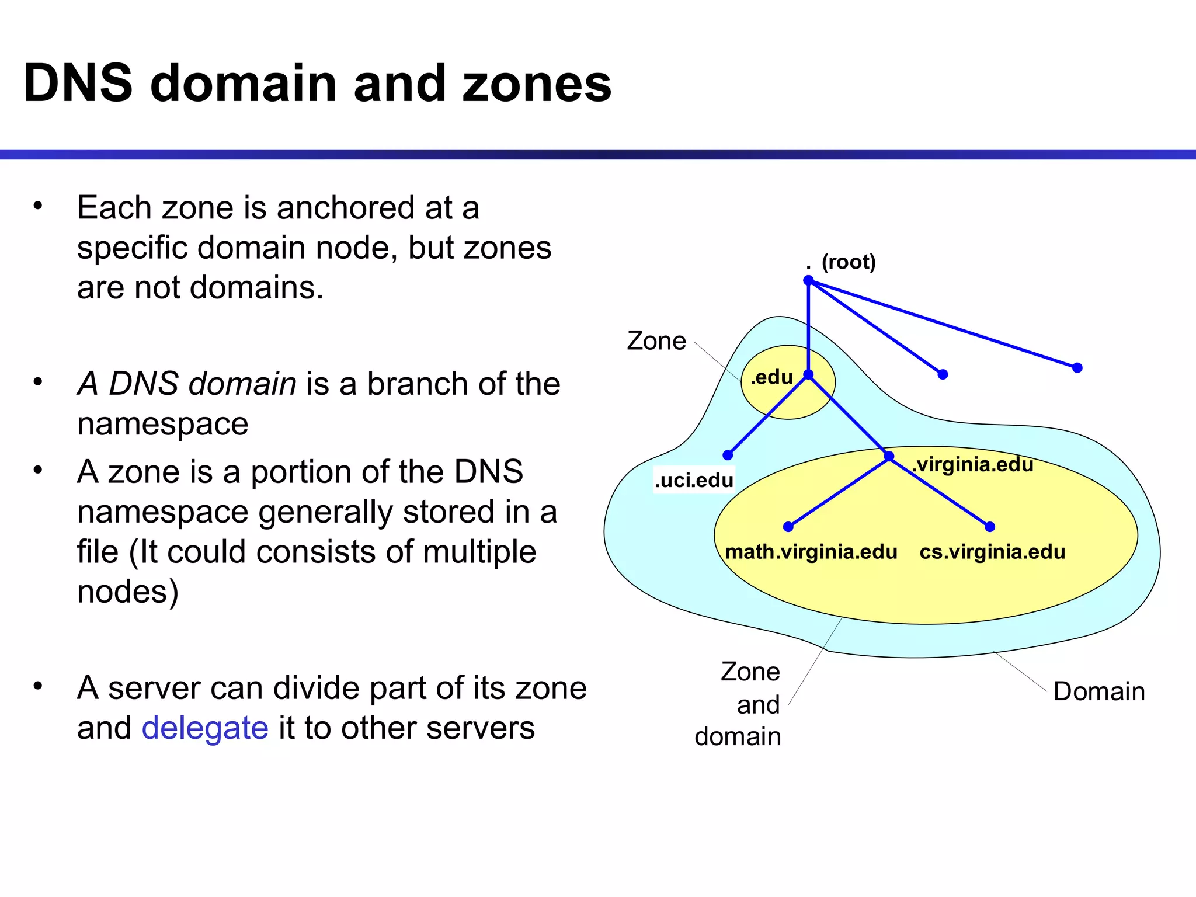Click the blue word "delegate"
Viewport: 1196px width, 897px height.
coord(204,728)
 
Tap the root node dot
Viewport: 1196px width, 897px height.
coord(808,280)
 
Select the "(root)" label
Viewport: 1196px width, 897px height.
coord(849,262)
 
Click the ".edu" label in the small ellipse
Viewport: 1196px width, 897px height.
coord(771,377)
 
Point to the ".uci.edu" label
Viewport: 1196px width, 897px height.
coord(694,480)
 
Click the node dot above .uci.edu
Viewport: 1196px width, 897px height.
coord(728,455)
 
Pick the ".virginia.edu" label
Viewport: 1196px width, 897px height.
coord(973,464)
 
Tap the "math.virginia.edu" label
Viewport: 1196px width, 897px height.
coord(811,552)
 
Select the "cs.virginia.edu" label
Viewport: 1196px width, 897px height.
coord(992,552)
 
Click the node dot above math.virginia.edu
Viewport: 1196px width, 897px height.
coord(788,527)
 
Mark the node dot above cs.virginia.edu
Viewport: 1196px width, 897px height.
coord(990,527)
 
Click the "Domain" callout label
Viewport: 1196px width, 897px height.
coord(1099,691)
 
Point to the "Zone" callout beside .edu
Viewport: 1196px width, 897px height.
coord(656,341)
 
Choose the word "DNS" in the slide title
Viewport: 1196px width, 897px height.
coord(78,84)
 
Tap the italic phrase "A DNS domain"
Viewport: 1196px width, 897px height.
coord(187,384)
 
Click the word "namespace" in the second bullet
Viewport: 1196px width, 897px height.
coord(162,423)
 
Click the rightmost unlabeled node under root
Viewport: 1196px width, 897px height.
coord(1077,368)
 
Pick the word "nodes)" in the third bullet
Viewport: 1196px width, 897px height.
coord(127,592)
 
